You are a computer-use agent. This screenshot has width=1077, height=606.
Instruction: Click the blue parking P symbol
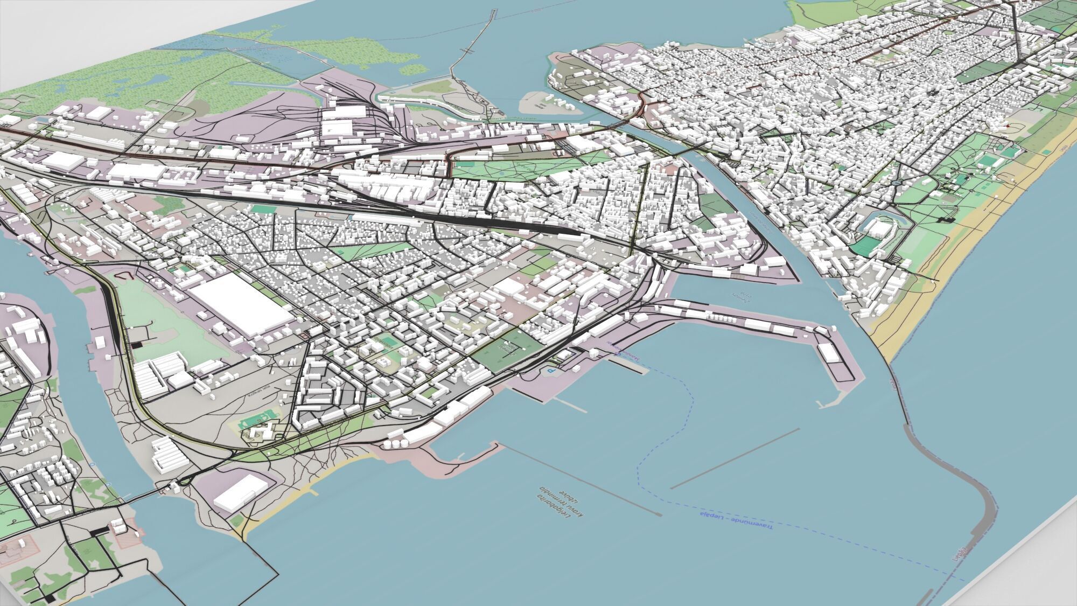coord(550,371)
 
